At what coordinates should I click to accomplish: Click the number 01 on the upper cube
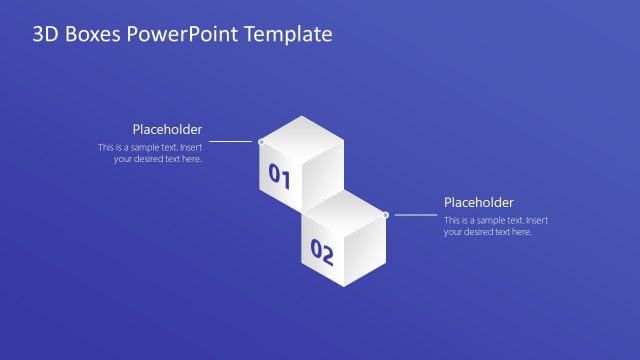pos(279,178)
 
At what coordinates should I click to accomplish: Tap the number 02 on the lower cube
pos(322,251)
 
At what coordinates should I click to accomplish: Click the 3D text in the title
pos(45,35)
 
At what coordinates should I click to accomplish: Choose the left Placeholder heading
pos(167,129)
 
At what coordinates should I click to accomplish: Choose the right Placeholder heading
pos(479,202)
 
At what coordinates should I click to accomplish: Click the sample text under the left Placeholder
pos(150,153)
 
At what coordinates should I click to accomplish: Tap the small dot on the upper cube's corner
pos(261,142)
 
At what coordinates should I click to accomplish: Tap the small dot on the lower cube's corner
pos(386,214)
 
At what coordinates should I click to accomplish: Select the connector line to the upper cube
pos(232,142)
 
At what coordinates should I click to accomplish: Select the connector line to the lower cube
pos(414,214)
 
